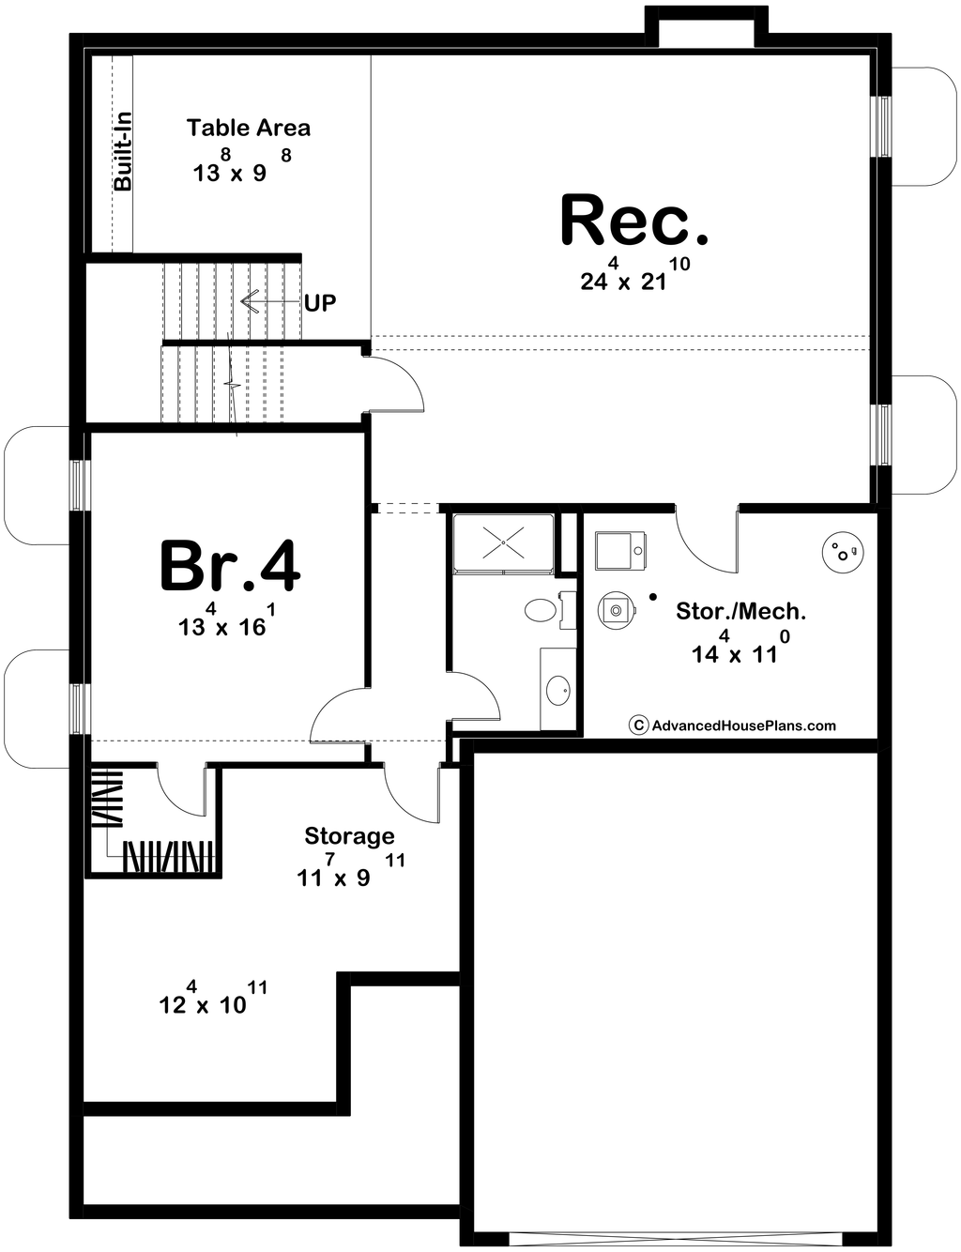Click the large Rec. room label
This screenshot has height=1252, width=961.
coord(634,220)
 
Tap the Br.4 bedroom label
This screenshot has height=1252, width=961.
coord(230,566)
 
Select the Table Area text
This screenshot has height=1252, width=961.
coord(249,128)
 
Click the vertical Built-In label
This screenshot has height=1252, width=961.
coord(123,151)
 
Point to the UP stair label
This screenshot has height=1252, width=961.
coord(320,302)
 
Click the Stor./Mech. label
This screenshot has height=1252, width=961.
coord(740,611)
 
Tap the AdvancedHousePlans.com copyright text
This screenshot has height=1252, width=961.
coord(732,725)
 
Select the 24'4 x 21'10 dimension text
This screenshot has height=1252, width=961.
coord(635,274)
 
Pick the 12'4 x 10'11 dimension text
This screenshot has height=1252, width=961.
coord(213,998)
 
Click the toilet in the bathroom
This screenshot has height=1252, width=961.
coord(540,610)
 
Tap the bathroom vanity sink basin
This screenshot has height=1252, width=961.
coord(557,690)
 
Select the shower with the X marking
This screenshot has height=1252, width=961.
coord(504,542)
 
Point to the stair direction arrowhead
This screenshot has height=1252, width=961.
coord(250,302)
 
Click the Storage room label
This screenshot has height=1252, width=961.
coord(349,835)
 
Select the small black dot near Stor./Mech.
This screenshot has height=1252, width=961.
coord(653,597)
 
